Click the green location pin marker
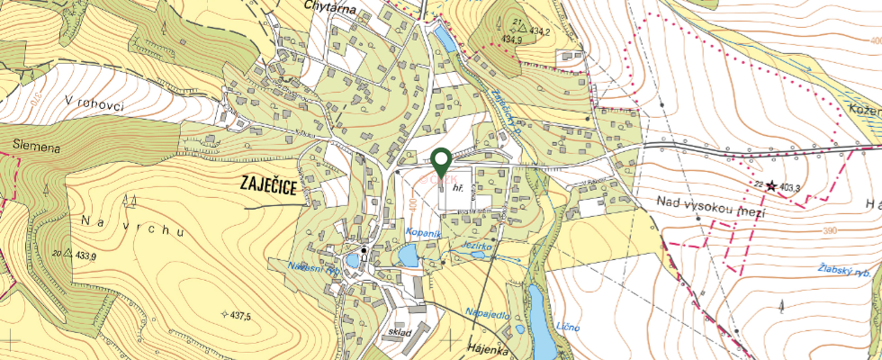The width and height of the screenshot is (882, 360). click(x=441, y=161)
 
